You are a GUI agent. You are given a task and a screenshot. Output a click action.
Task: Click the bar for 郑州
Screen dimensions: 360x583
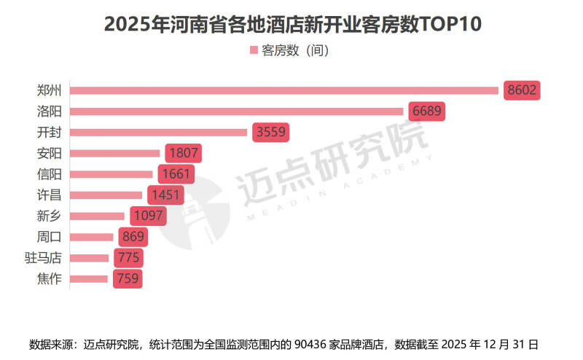click(x=284, y=90)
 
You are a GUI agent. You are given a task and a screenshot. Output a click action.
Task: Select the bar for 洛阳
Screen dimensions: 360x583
click(x=237, y=111)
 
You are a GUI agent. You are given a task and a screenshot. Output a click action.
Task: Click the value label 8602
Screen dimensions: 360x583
click(x=522, y=90)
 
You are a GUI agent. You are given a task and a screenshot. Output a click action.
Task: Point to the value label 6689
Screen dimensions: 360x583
click(x=427, y=111)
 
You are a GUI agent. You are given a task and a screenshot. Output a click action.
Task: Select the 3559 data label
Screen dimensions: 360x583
click(x=271, y=133)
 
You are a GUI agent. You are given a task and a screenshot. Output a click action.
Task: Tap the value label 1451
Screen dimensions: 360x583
click(x=165, y=195)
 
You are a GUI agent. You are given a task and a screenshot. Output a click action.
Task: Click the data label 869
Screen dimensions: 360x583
click(x=133, y=237)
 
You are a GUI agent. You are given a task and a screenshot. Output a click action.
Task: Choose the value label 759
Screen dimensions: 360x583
click(x=127, y=278)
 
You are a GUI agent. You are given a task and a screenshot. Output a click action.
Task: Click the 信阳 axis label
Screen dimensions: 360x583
click(x=49, y=174)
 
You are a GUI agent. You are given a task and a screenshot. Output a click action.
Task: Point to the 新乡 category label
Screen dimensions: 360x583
click(x=49, y=216)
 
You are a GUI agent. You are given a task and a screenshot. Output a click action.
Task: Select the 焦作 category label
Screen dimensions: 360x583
click(x=49, y=278)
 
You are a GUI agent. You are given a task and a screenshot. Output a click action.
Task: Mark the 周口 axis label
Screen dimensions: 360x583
click(x=49, y=237)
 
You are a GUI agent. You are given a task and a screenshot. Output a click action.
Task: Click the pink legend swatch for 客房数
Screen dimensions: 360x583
click(x=254, y=50)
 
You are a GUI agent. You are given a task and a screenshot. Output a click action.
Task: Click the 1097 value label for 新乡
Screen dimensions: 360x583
click(x=148, y=216)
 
